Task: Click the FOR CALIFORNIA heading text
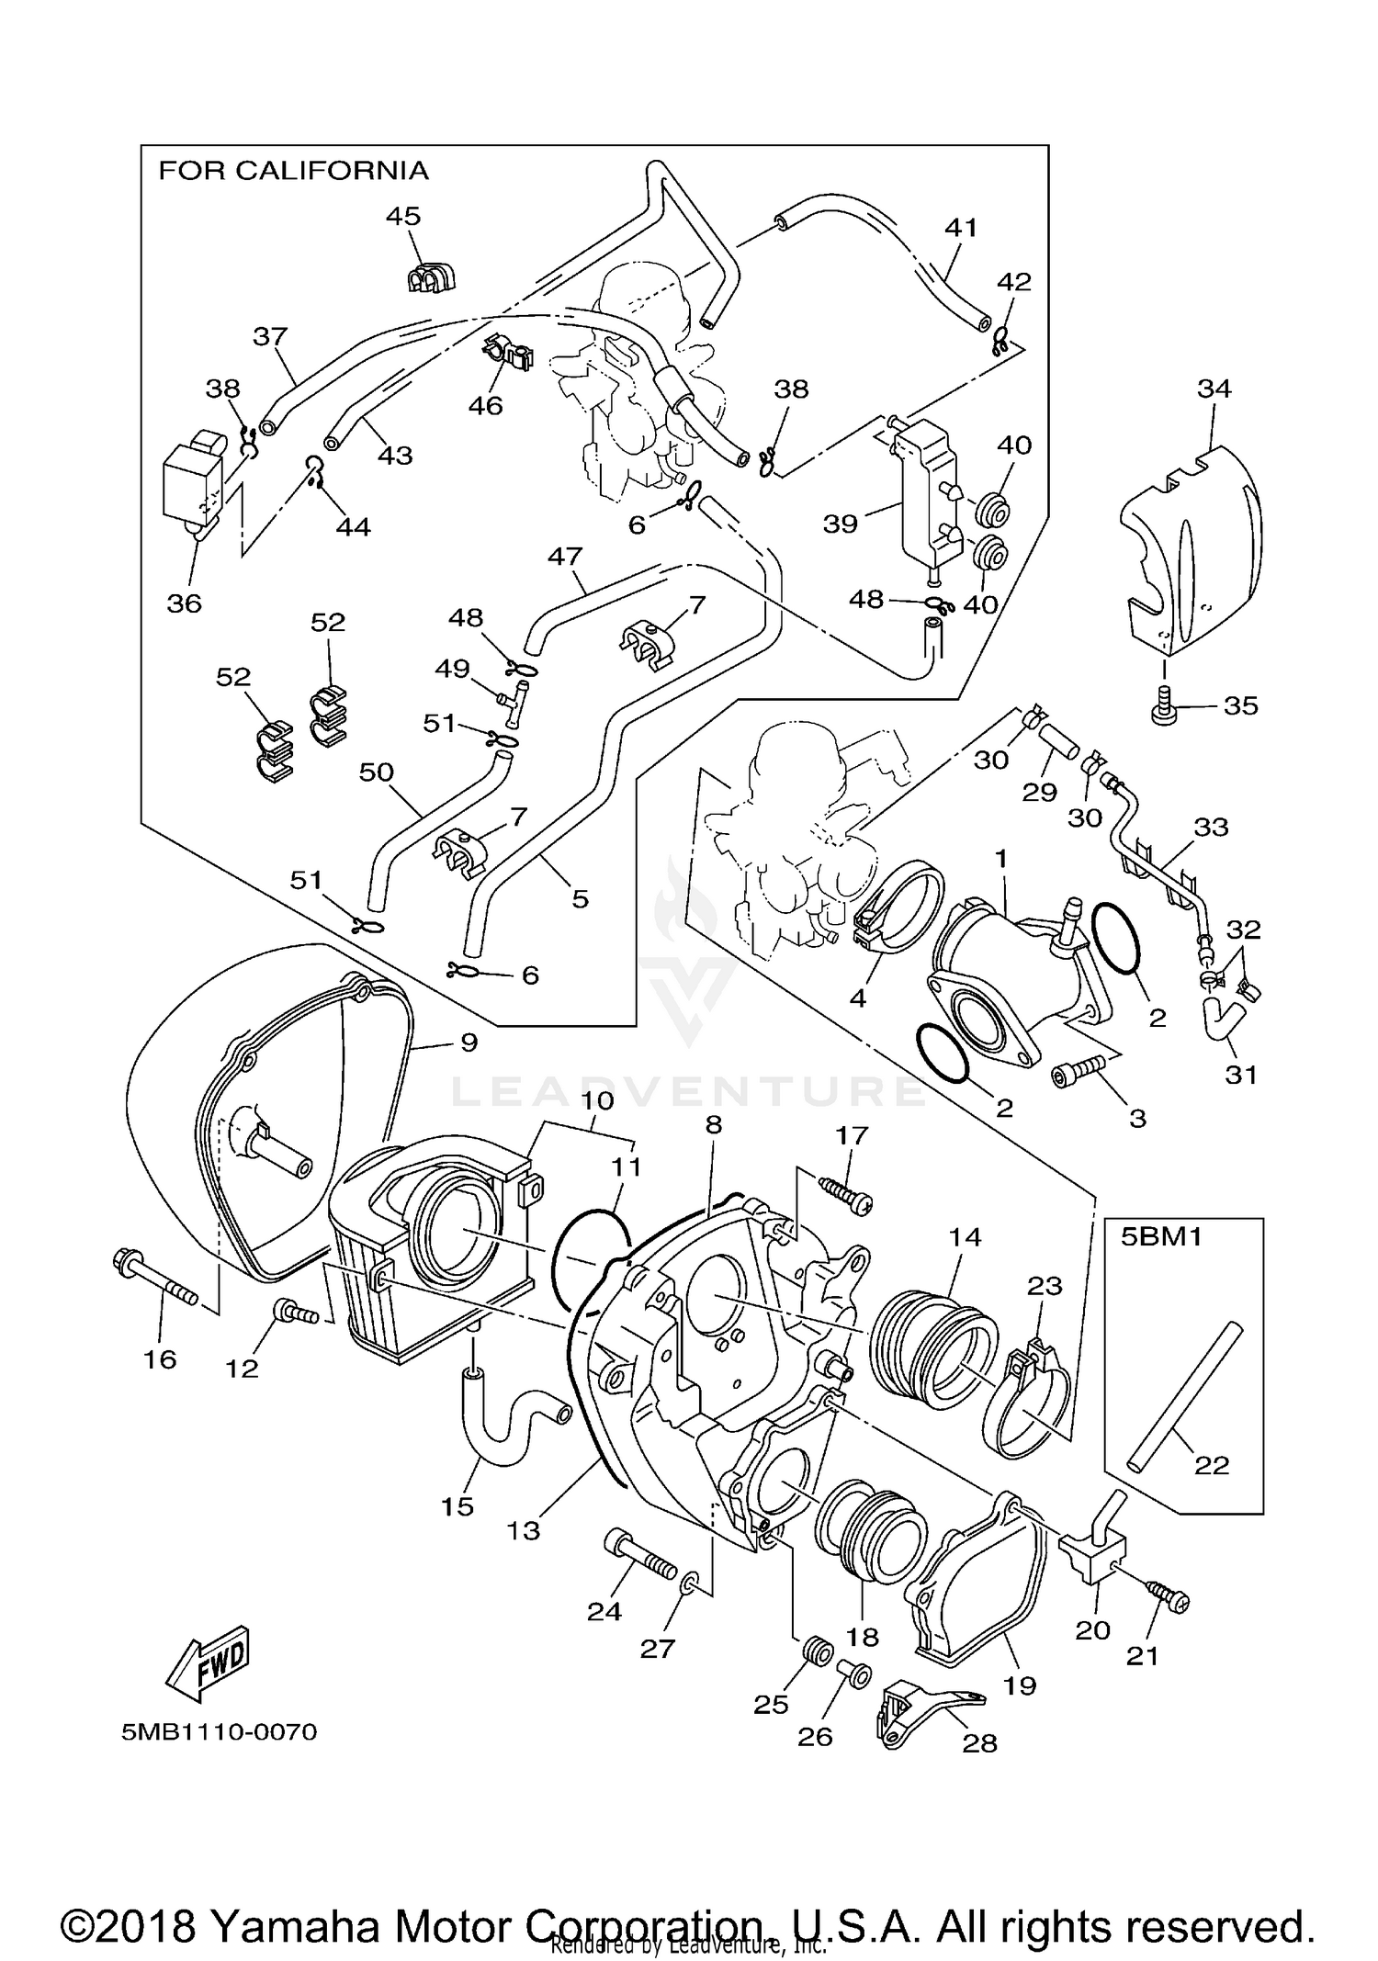point(293,171)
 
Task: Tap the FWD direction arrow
point(208,1662)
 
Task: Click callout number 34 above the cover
point(1213,389)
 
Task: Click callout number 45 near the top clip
point(402,217)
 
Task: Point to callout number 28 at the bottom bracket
point(979,1742)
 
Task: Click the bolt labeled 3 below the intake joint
point(1082,1068)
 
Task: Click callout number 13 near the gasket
point(524,1530)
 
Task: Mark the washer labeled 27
point(691,1583)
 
